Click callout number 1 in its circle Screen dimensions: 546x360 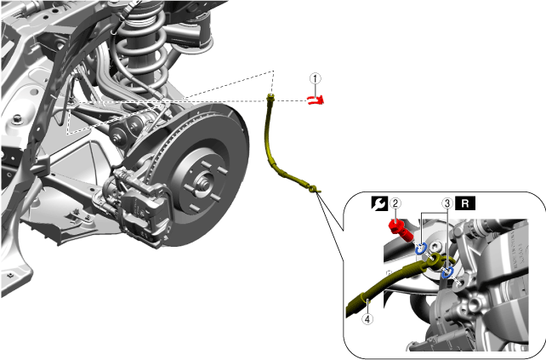(316, 79)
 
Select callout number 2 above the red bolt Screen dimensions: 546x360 (395, 203)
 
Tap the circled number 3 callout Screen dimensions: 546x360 (447, 203)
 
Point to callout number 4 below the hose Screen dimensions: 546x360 (367, 319)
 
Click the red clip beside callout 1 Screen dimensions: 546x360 (316, 100)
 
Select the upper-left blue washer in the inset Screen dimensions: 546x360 (421, 249)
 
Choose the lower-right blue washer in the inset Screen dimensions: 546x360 (448, 271)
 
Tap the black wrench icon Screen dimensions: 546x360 (379, 203)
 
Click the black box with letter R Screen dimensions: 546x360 (465, 203)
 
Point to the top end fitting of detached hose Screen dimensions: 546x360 (270, 98)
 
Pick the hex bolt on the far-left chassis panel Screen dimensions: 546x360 (16, 119)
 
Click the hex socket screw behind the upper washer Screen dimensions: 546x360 (435, 247)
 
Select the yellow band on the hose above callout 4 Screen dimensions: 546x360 (364, 297)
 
